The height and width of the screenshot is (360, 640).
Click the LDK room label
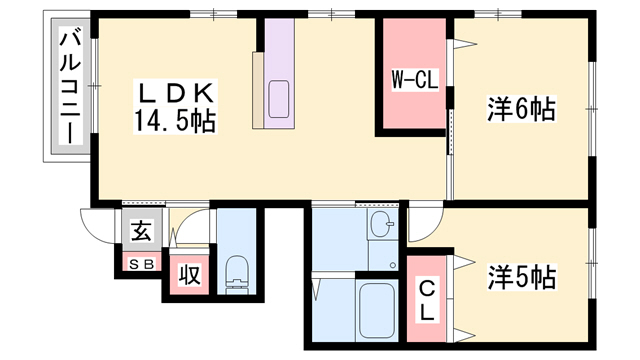coord(176,93)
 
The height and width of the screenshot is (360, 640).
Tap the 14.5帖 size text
coord(175,121)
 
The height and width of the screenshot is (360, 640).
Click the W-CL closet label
coord(415,80)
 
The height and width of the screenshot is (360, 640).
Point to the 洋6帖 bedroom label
coord(521,109)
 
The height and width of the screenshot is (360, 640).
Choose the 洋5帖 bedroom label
coord(522,277)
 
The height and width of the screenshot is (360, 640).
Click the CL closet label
coord(427,301)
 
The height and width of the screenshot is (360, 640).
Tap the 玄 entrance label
coord(142,231)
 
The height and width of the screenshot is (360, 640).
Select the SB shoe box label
coord(142,264)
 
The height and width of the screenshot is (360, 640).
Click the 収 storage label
coord(190,274)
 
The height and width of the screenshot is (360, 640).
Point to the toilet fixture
coord(237,274)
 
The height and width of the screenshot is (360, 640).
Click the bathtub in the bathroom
coord(377,310)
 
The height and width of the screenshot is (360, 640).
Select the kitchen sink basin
coord(279,99)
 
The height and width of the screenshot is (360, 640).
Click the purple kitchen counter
coord(279,73)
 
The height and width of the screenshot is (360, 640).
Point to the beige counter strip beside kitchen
coord(258,90)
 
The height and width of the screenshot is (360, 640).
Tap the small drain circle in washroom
coord(393,265)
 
